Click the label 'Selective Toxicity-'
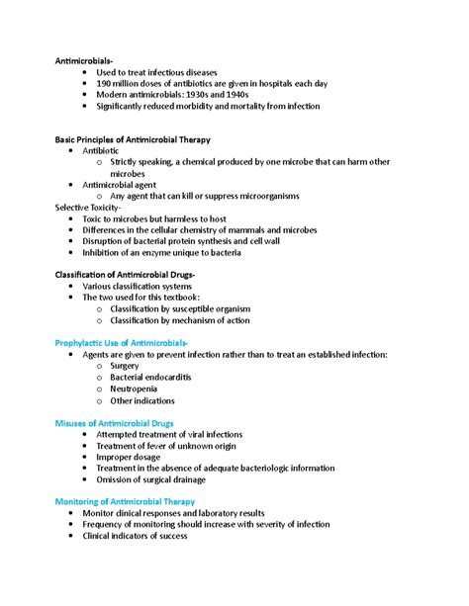[x=88, y=207]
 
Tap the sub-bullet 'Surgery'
[x=125, y=365]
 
